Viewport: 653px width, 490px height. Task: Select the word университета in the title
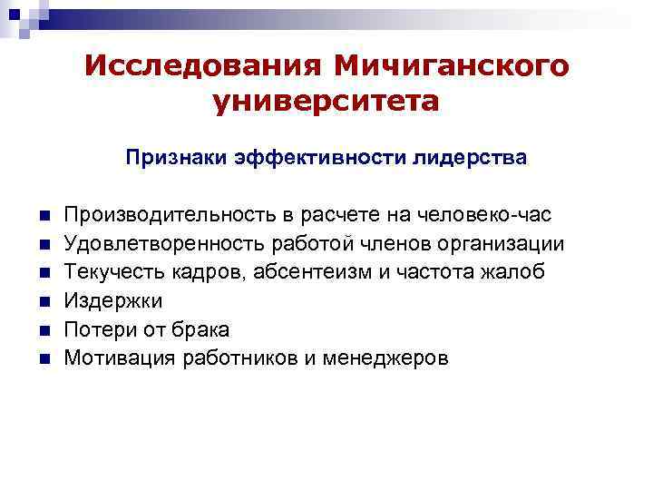pos(326,101)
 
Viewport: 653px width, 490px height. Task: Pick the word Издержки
pos(107,300)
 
